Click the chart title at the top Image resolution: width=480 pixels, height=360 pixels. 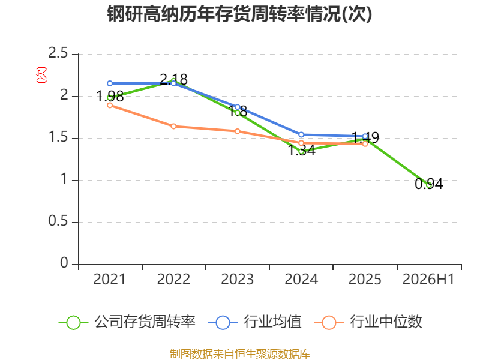coord(239,14)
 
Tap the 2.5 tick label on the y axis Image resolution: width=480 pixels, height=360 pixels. coord(58,53)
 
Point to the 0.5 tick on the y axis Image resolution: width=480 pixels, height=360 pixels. coord(58,221)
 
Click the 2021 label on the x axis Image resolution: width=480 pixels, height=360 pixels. coord(109,280)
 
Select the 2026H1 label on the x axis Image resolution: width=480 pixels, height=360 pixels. coord(428,280)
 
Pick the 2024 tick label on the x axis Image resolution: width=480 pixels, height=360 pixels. coord(301,280)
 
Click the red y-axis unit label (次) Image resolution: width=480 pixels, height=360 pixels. coord(41,75)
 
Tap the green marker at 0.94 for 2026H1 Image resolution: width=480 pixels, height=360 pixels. coord(429,185)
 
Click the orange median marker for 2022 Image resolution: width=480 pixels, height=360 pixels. coord(173,126)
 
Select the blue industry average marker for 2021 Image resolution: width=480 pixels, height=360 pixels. coord(110,83)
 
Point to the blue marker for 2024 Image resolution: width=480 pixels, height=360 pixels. coord(301,134)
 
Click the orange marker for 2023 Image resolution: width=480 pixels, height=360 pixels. coord(238,131)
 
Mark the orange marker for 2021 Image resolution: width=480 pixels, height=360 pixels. coord(110,106)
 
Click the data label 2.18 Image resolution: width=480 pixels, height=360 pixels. coord(173,80)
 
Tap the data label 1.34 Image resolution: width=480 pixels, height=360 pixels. coord(302,151)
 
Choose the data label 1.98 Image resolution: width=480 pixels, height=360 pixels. coord(110,97)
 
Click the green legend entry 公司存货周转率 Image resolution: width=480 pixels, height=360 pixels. coord(127,322)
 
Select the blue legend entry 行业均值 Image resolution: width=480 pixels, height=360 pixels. coord(254,322)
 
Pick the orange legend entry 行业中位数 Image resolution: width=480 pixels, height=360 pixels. coord(368,322)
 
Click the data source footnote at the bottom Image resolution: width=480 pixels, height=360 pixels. coord(239,354)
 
